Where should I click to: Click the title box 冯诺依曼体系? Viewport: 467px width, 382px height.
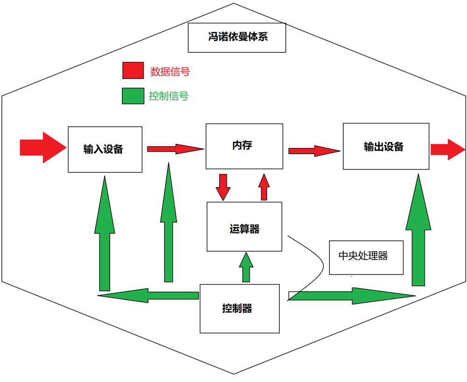[237, 37]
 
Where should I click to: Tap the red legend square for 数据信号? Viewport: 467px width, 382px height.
[133, 71]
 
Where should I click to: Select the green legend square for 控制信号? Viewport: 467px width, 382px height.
[133, 96]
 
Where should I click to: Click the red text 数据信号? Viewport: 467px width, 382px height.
[170, 72]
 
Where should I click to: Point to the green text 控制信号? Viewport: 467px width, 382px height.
[169, 96]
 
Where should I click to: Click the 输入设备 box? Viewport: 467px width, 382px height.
[105, 149]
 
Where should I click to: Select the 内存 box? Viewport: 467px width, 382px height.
[244, 146]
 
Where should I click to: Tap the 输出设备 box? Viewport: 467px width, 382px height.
[386, 146]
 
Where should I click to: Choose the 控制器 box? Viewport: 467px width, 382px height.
[240, 309]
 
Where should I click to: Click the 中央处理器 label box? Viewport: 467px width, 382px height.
[366, 257]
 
